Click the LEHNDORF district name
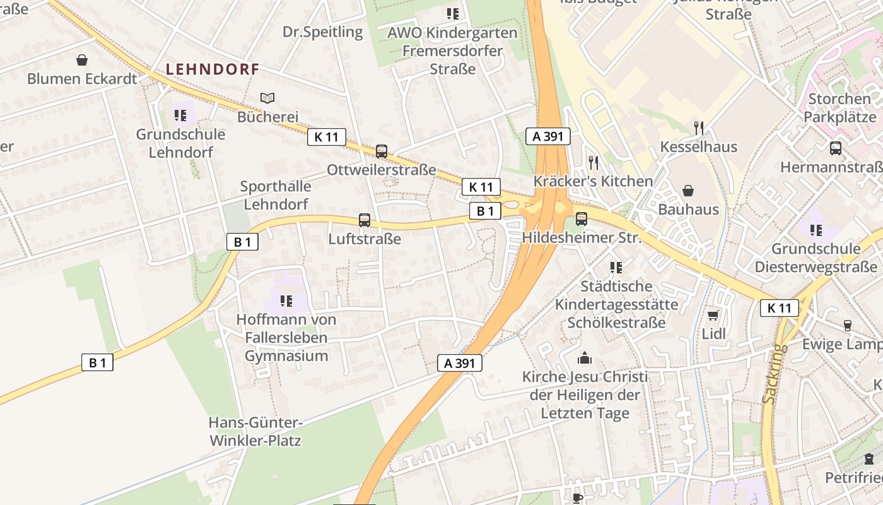[213, 69]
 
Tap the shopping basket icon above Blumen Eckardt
[82, 60]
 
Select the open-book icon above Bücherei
[267, 98]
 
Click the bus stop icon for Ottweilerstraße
[382, 151]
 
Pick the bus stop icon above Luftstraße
[365, 220]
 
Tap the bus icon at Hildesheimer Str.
[582, 219]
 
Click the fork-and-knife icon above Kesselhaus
[698, 128]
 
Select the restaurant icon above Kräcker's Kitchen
[594, 163]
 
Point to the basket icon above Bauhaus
[688, 190]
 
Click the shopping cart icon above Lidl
[713, 315]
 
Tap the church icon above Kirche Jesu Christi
[585, 358]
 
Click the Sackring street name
[773, 374]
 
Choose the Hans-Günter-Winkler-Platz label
[255, 431]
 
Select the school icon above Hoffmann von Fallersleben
[286, 301]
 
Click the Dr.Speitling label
[323, 32]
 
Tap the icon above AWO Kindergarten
[452, 13]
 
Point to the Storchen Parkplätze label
[839, 108]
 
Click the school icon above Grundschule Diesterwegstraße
[816, 230]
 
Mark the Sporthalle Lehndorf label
[276, 195]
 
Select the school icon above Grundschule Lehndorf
[180, 116]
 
